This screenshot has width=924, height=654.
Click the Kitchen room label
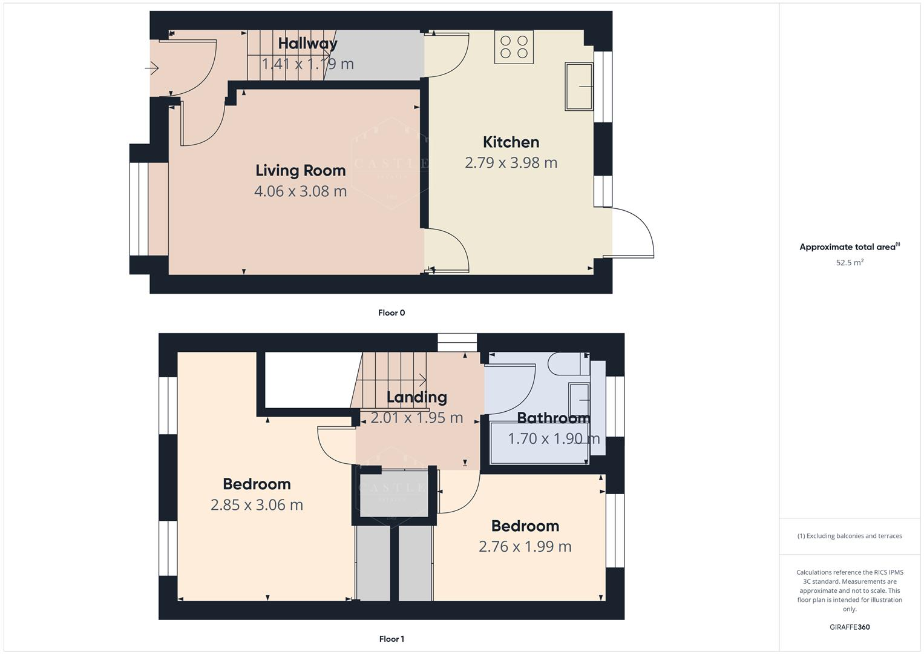pyautogui.click(x=511, y=142)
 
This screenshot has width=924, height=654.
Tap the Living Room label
pyautogui.click(x=300, y=171)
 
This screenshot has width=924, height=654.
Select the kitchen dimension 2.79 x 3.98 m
pyautogui.click(x=511, y=163)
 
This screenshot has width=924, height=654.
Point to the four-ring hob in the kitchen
pyautogui.click(x=514, y=47)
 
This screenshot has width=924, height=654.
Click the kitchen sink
pyautogui.click(x=579, y=86)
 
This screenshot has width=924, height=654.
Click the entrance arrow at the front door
pyautogui.click(x=152, y=69)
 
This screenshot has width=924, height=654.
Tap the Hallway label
pyautogui.click(x=307, y=44)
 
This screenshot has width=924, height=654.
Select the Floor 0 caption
pyautogui.click(x=392, y=313)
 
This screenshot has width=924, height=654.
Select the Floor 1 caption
pyautogui.click(x=392, y=639)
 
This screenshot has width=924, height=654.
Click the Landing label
pyautogui.click(x=416, y=397)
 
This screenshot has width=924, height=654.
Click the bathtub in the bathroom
pyautogui.click(x=539, y=443)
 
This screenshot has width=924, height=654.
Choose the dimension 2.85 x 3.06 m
pyautogui.click(x=257, y=505)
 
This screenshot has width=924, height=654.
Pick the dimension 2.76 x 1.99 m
pyautogui.click(x=525, y=547)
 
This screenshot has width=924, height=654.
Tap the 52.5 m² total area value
pyautogui.click(x=850, y=263)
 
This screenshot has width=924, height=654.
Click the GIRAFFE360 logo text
pyautogui.click(x=850, y=627)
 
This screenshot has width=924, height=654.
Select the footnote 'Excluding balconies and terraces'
pyautogui.click(x=850, y=536)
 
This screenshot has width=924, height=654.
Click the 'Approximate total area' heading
pyautogui.click(x=848, y=247)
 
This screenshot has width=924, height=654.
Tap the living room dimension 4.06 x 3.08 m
pyautogui.click(x=300, y=191)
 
